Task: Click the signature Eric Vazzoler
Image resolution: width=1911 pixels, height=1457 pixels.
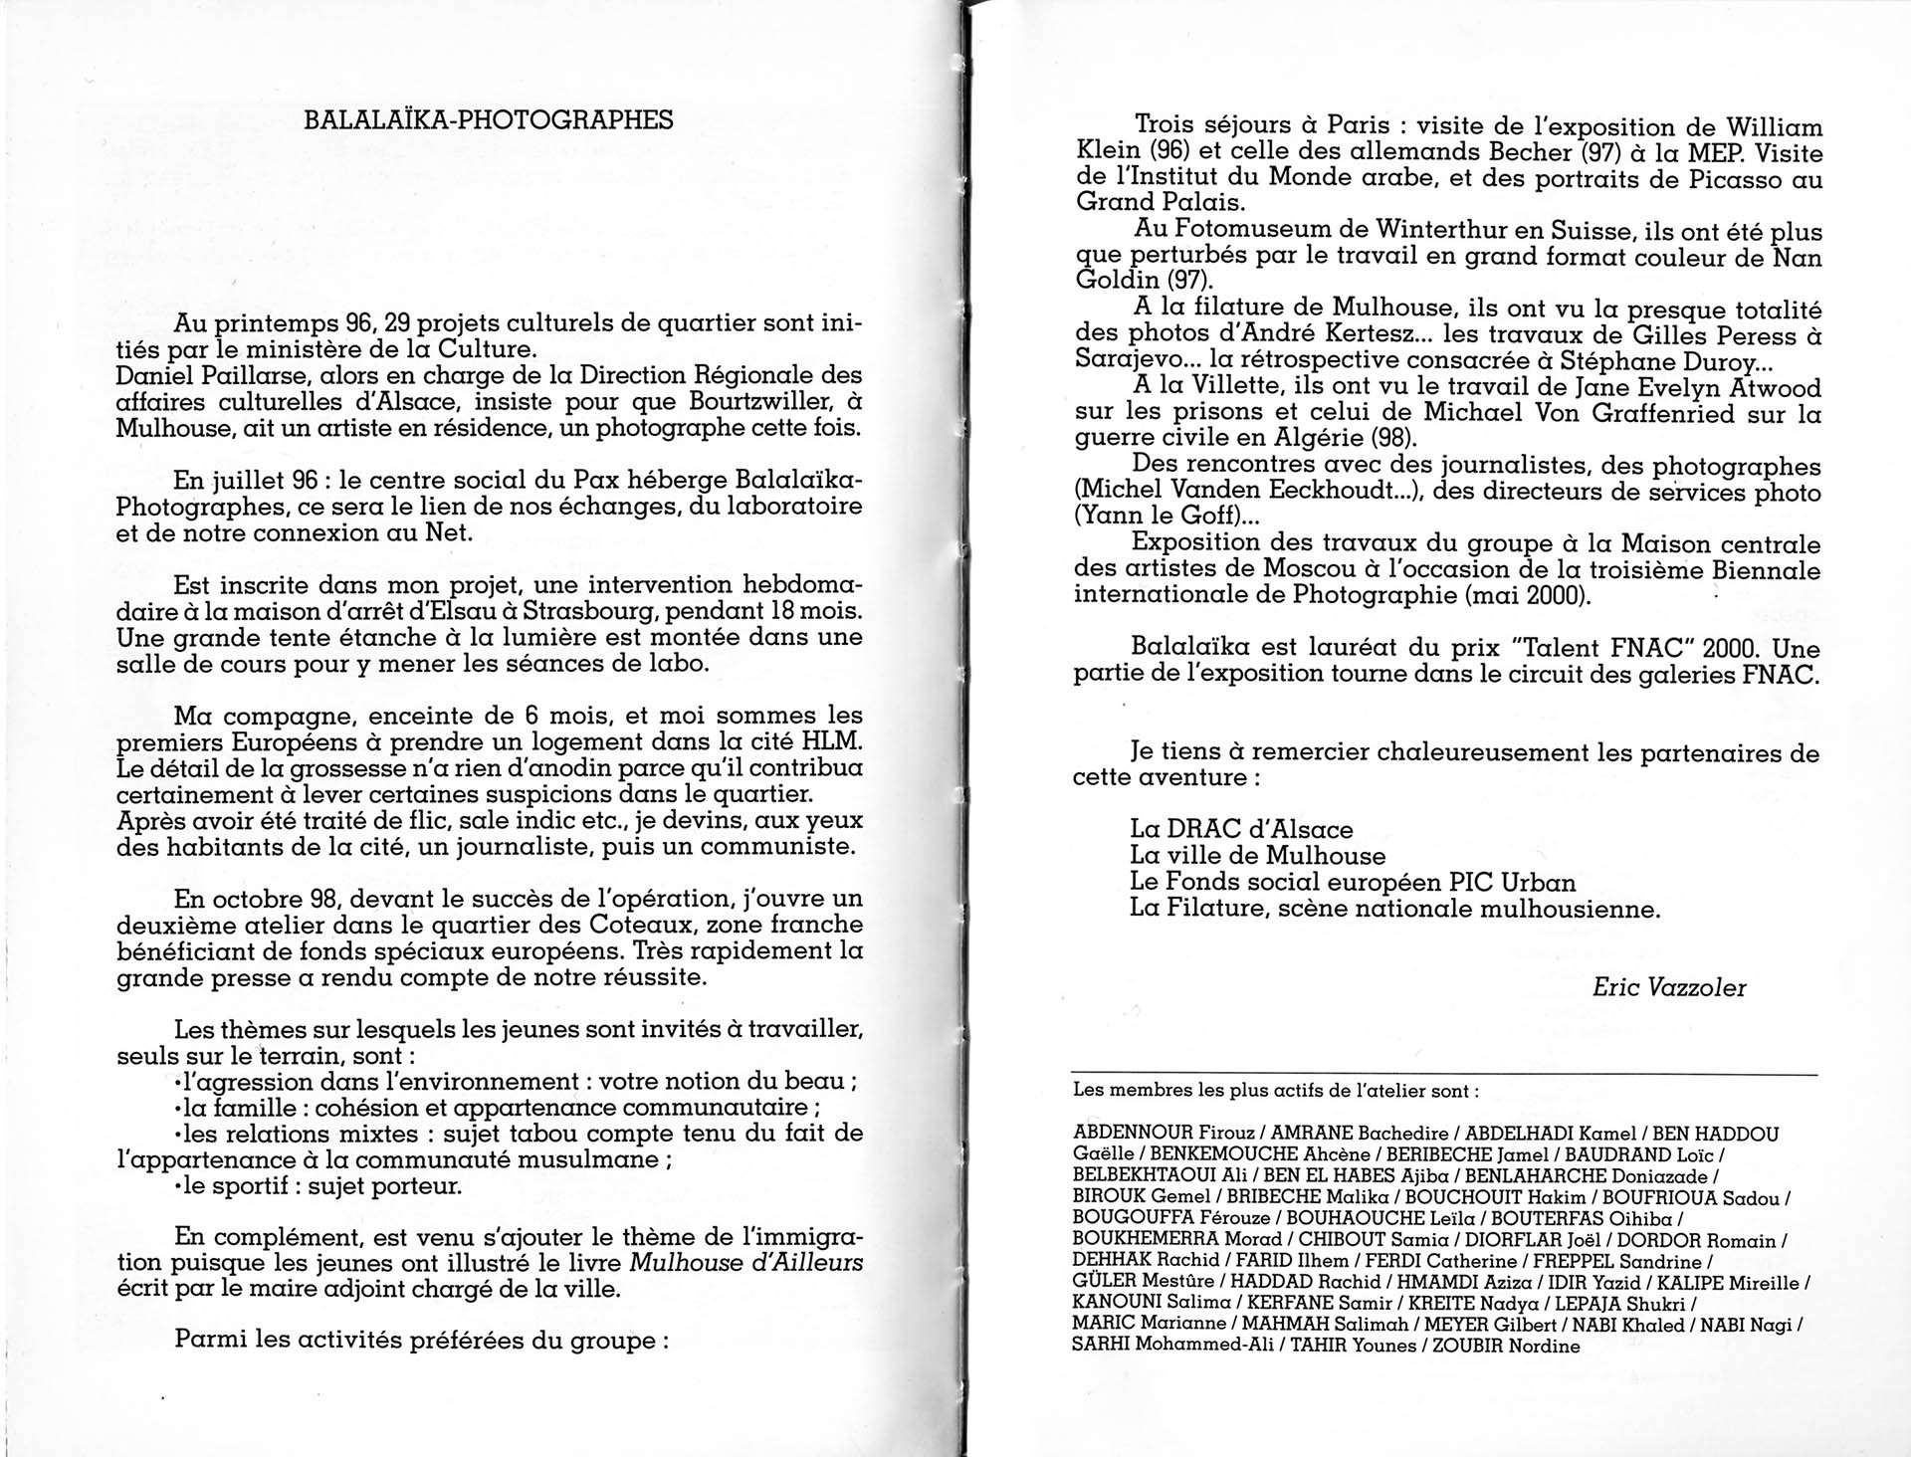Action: click(x=1669, y=987)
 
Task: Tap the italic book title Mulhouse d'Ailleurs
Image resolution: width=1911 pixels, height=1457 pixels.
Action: click(x=746, y=1263)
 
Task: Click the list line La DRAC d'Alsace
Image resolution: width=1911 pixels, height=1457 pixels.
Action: click(x=1241, y=829)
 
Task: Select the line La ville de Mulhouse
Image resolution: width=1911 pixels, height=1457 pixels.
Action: click(x=1257, y=855)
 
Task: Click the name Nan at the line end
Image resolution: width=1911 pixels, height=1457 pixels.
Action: click(x=1797, y=258)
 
